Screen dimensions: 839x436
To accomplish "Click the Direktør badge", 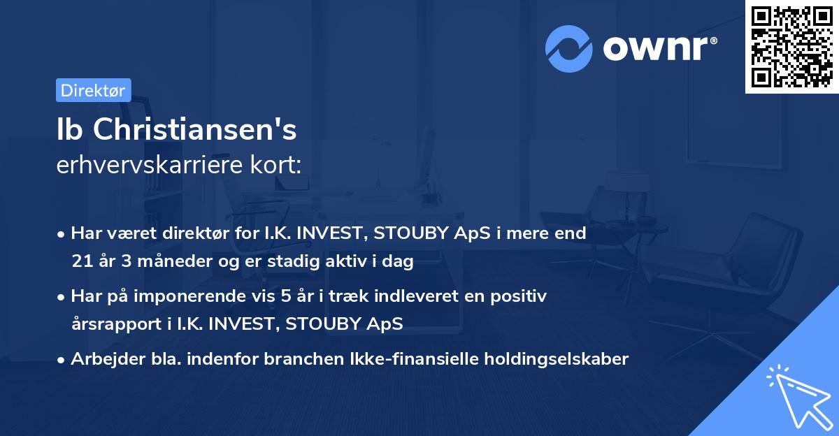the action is [x=93, y=90].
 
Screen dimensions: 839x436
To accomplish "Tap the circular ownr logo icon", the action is [x=569, y=49].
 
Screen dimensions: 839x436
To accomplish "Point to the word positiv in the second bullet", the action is [x=521, y=296].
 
